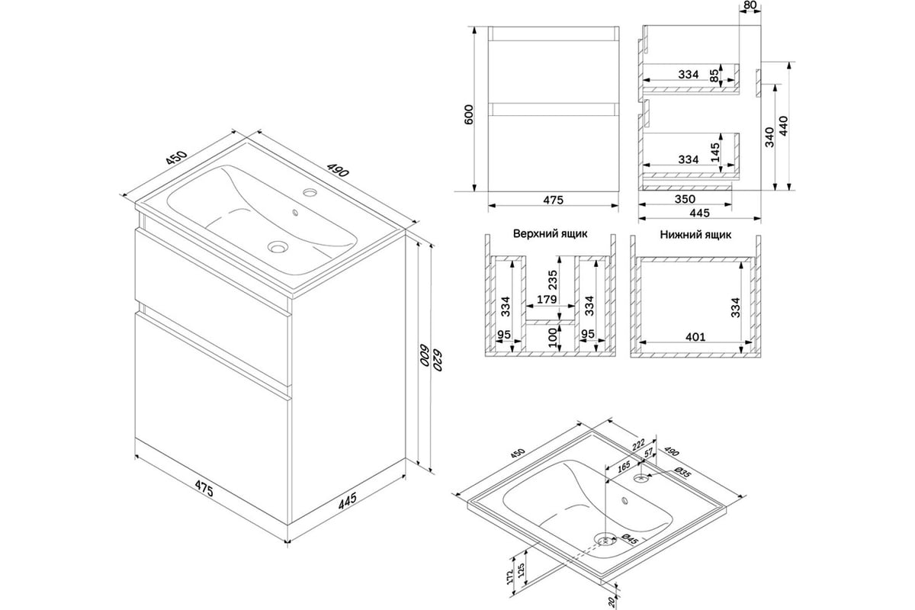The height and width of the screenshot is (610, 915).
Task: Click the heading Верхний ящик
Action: [551, 233]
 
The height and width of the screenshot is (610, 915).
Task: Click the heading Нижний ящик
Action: [695, 235]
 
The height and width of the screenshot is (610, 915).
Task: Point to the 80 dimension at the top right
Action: [750, 5]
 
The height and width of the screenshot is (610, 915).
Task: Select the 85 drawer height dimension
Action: [714, 75]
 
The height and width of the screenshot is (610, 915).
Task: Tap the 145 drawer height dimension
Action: [715, 152]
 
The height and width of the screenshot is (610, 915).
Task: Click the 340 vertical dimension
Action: [769, 137]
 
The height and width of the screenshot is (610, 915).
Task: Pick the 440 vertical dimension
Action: [784, 127]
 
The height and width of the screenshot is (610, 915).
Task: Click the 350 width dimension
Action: [685, 199]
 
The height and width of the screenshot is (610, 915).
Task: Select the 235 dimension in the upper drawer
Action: [553, 280]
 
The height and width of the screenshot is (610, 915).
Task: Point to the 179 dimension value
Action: [547, 300]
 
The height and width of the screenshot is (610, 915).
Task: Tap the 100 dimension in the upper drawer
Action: [552, 338]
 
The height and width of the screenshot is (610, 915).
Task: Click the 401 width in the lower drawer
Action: [695, 337]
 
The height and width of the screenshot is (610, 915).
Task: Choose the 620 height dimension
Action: [438, 360]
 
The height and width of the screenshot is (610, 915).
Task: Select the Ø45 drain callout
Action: [630, 539]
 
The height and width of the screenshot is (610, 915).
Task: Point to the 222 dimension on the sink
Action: [638, 445]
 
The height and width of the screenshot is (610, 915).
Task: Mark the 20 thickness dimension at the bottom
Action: [612, 601]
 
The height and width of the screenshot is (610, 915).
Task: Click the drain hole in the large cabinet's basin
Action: [278, 246]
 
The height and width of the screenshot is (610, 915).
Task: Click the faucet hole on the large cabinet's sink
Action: [310, 192]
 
